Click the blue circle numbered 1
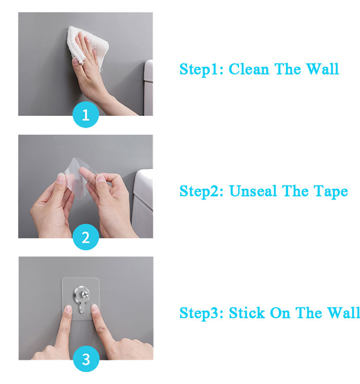[x=85, y=115]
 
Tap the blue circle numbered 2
[x=85, y=237]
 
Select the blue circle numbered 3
[x=85, y=360]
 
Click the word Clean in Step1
[x=249, y=69]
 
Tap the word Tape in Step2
[x=330, y=192]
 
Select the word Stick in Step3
[x=246, y=313]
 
